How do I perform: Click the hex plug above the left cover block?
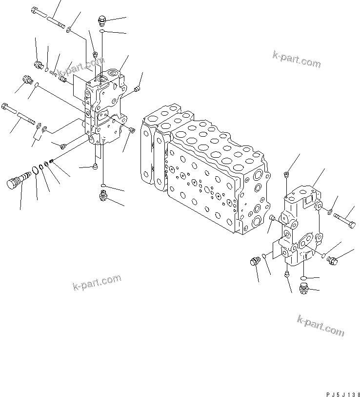[x=102, y=21]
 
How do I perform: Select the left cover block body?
[x=105, y=110]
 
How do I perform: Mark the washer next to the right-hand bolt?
[x=331, y=212]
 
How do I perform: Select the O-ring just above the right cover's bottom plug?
[x=303, y=278]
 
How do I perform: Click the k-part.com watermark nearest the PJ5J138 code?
[x=320, y=326]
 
